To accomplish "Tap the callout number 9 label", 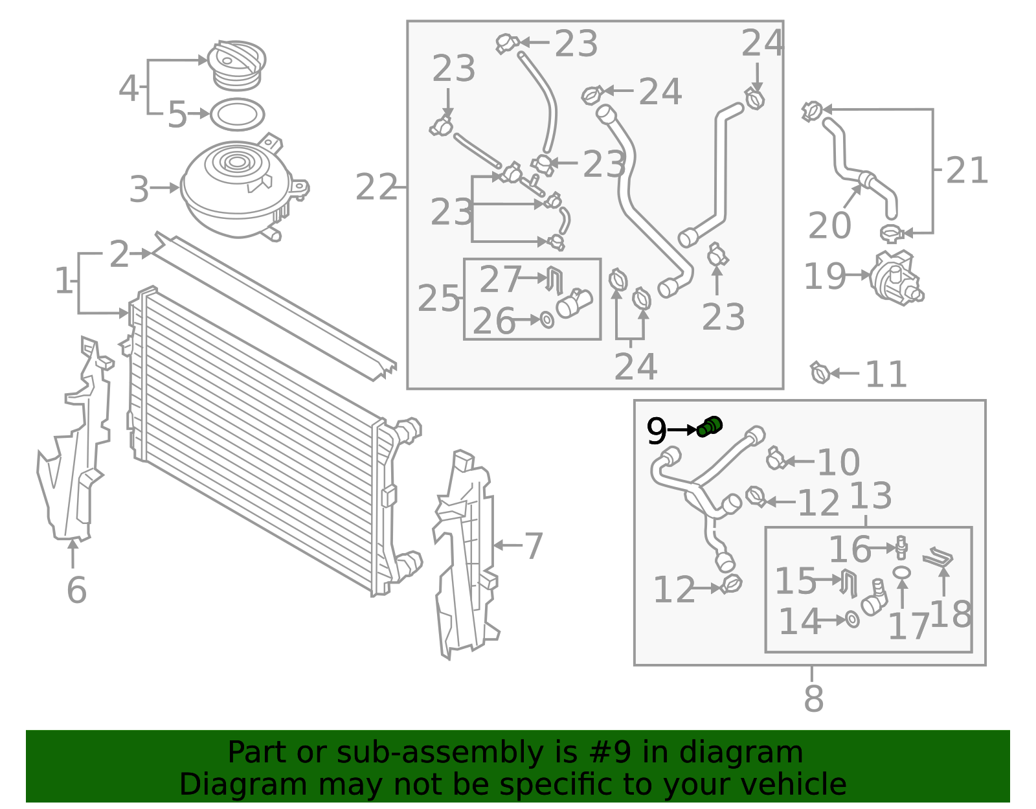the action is coord(656,431).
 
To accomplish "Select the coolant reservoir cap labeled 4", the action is coord(236,65).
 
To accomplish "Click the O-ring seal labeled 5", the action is coord(238,115).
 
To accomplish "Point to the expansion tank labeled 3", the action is coord(243,188).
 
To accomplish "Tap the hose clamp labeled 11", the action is coord(820,372).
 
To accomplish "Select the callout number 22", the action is coord(376,187).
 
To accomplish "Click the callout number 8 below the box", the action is coord(813,699).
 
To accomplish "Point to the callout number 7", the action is coord(534,546).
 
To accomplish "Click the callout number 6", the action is coord(77,589).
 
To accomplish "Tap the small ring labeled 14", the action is coord(852,619).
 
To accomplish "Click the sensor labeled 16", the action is coord(901,547).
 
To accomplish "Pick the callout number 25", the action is coord(438,299).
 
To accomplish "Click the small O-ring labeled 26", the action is coord(547,320).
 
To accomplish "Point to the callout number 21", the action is coord(966,170).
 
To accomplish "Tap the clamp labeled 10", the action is coord(776,459).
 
